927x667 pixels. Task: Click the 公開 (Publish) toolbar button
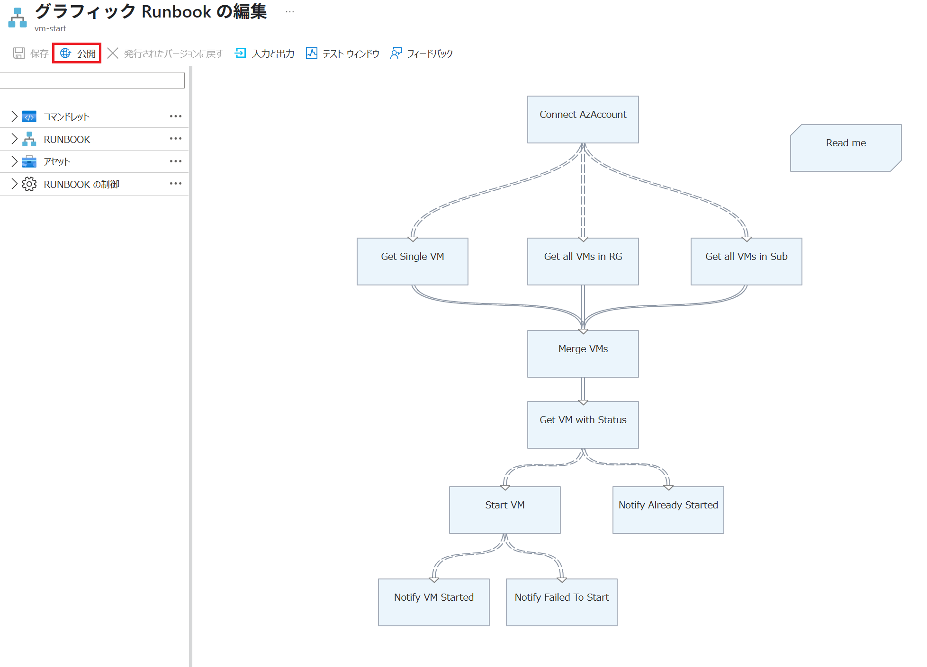(x=78, y=53)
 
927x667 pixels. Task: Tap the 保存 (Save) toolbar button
(x=31, y=53)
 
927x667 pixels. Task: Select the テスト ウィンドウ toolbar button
(x=343, y=53)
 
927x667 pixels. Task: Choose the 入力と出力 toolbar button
(x=265, y=53)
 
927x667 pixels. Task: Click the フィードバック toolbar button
(x=422, y=53)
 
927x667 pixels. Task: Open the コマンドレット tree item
(x=66, y=116)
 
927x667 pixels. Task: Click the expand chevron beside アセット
(x=14, y=161)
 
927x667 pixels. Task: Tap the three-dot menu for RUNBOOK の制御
(x=176, y=184)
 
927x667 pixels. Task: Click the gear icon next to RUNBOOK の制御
(x=29, y=184)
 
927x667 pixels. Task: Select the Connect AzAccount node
(x=583, y=119)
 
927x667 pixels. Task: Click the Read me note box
(x=846, y=148)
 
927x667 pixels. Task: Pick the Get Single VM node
(x=412, y=261)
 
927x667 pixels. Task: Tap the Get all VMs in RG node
(x=583, y=261)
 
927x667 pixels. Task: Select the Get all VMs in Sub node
(x=746, y=261)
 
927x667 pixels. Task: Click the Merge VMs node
(x=583, y=354)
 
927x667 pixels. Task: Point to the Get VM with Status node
(x=583, y=425)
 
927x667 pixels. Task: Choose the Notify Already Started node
(x=668, y=510)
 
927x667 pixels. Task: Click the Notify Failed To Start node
(x=561, y=602)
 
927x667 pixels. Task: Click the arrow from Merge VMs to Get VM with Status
(x=583, y=389)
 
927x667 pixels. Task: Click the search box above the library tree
(x=92, y=80)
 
